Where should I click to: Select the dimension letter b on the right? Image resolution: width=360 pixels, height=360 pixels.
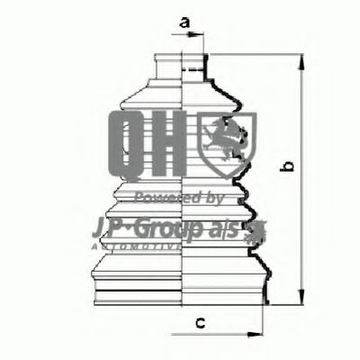coord(287,167)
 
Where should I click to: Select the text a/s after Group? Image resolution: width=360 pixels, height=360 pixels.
coord(228,225)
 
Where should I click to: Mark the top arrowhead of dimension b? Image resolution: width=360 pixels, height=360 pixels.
coord(300,58)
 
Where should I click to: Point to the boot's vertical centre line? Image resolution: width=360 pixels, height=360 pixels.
coord(184,180)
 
